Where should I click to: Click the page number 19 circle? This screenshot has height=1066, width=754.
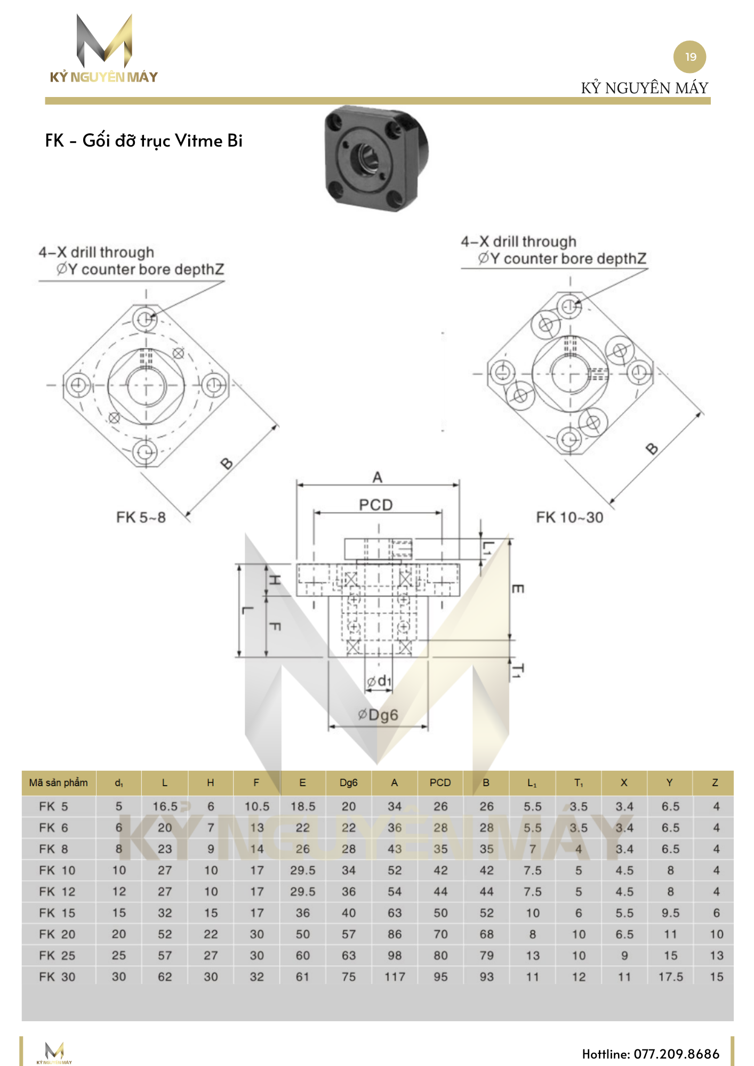tap(689, 56)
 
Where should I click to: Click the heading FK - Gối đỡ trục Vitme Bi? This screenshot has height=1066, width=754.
tap(143, 141)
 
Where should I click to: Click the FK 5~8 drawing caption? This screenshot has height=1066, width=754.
tap(141, 517)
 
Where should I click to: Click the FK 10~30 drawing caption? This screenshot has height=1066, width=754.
tap(569, 517)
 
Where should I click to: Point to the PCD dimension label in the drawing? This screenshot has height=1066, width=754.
tap(375, 504)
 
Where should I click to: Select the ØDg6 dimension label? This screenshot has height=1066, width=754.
tap(378, 715)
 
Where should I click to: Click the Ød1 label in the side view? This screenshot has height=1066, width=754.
tap(379, 681)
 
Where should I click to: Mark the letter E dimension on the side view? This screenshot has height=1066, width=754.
tap(517, 588)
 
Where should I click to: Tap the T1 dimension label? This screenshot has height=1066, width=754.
tap(517, 671)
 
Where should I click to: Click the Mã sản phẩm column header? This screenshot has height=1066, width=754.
tap(58, 782)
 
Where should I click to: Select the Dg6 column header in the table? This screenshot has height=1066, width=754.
tap(348, 782)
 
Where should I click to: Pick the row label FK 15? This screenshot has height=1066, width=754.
tap(57, 913)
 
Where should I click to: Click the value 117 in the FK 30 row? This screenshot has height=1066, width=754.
tap(395, 977)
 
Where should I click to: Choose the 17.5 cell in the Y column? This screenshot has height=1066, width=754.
tap(670, 977)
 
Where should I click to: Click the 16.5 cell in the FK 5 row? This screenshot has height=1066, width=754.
tap(165, 806)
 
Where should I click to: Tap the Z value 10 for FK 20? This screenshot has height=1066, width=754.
tap(716, 934)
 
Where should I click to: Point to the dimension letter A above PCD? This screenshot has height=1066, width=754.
tap(377, 477)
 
